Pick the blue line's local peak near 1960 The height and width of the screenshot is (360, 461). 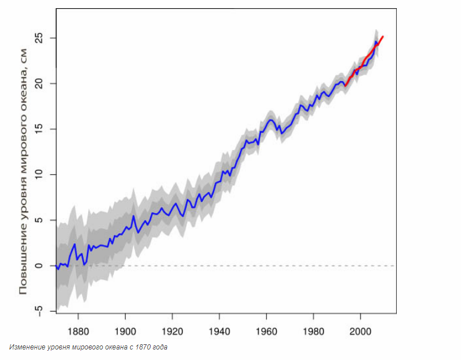pyautogui.click(x=270, y=120)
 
